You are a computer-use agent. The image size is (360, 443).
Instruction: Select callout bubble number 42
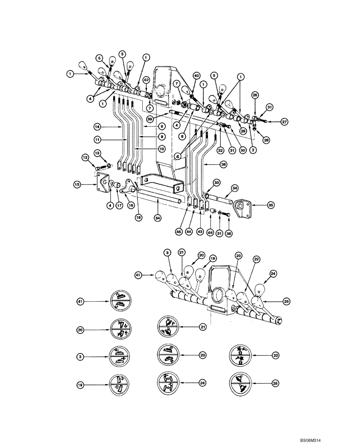tap(146, 80)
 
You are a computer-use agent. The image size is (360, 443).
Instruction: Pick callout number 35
tap(270, 205)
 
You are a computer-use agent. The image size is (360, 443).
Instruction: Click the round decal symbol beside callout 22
tap(240, 355)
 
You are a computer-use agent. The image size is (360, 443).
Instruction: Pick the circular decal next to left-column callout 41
tap(119, 301)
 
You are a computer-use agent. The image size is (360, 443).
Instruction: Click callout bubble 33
tap(216, 182)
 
